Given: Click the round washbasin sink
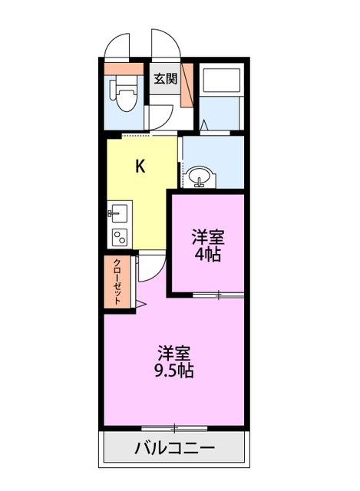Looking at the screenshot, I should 201,176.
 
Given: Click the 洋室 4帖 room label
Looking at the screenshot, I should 206,246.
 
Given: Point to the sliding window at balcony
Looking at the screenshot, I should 175,427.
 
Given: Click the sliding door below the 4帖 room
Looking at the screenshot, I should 218,295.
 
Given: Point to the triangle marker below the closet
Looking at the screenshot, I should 141,305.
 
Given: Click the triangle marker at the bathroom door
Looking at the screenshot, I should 204,125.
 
